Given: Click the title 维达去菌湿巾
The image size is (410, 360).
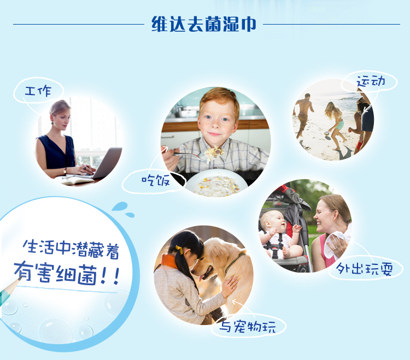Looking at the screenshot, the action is [204, 24].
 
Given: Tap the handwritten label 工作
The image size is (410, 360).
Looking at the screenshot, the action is [38, 91].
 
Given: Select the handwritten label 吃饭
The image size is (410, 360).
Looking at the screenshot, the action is [156, 180].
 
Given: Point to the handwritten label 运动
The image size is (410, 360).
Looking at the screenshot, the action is [371, 81].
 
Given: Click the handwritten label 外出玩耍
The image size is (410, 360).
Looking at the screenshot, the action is [364, 269].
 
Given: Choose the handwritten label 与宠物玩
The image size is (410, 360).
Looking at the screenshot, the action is [247, 326].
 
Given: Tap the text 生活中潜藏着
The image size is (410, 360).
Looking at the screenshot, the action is [71, 249].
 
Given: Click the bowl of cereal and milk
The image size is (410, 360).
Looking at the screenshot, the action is [216, 183].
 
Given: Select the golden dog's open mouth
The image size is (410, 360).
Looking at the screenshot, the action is [206, 272].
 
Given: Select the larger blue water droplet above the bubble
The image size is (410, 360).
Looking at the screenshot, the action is [120, 206].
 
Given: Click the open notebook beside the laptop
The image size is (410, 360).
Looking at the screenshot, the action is [74, 180].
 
